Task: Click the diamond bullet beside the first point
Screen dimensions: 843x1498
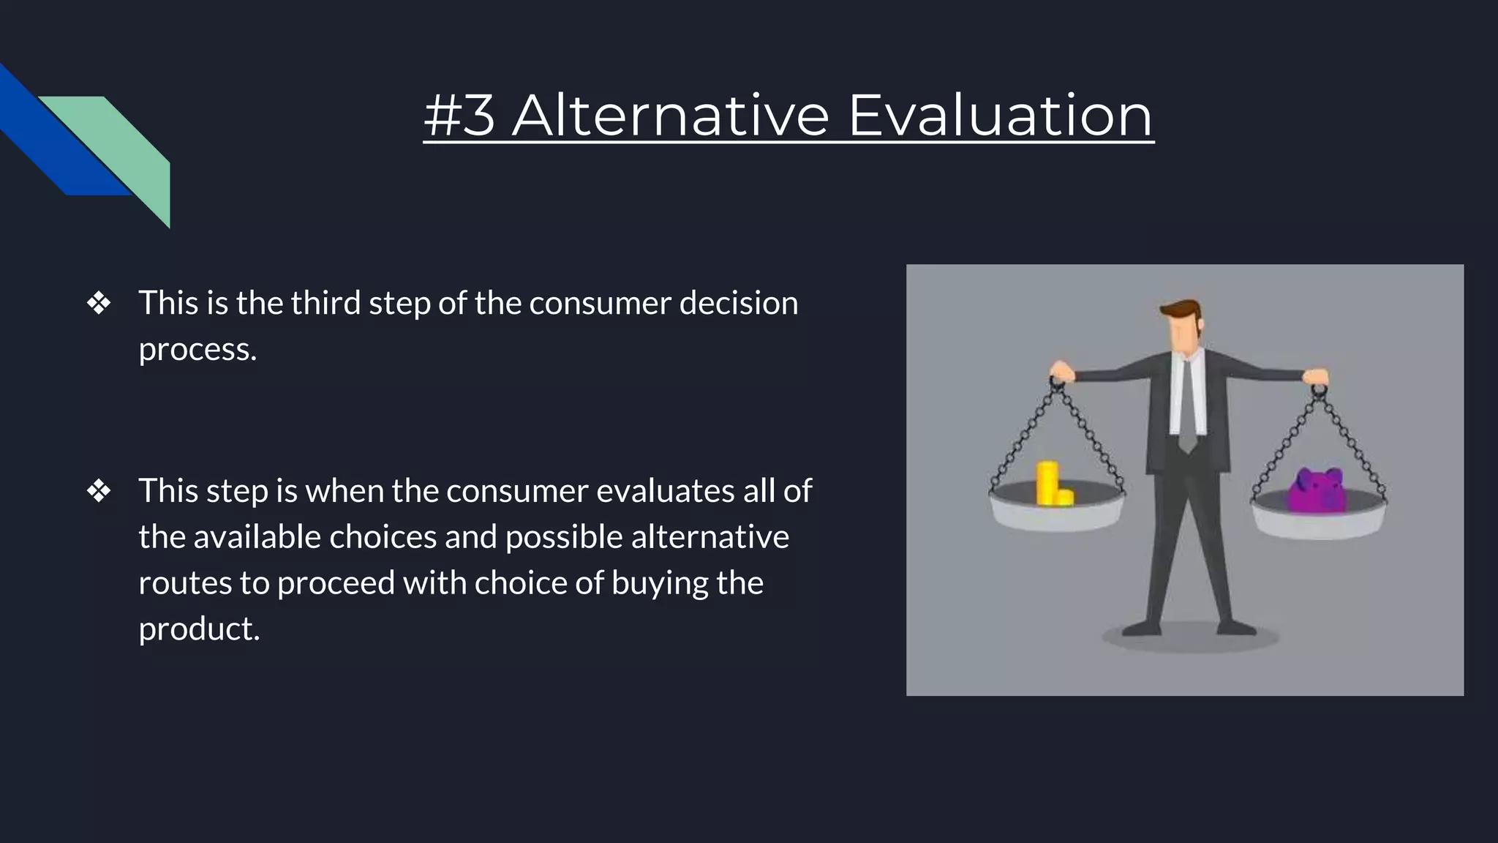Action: tap(99, 303)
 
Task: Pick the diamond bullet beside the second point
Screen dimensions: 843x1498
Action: tap(99, 491)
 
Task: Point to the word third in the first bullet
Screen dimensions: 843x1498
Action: tap(325, 303)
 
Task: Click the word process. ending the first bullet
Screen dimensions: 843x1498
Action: tap(197, 350)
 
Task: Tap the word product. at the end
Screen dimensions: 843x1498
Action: tap(199, 629)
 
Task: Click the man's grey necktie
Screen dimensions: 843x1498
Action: tap(1186, 402)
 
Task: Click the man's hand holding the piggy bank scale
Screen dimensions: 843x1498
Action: tap(1315, 376)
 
